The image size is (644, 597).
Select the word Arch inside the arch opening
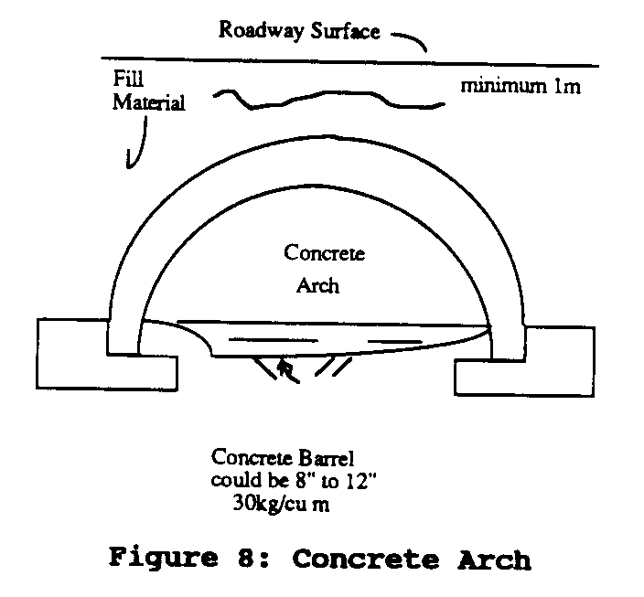(318, 284)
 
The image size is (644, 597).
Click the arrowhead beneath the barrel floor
(287, 368)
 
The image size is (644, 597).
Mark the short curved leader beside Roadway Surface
(410, 40)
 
